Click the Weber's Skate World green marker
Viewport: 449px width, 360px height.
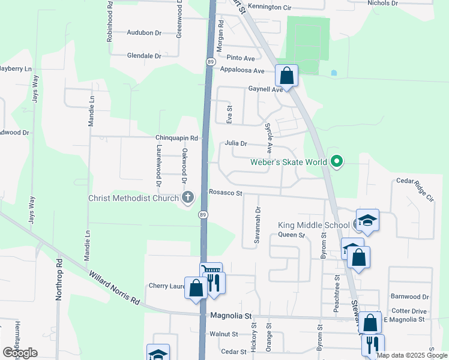(x=337, y=161)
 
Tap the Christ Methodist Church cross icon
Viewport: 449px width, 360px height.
(x=188, y=198)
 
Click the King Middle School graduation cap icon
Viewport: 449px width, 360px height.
(x=367, y=220)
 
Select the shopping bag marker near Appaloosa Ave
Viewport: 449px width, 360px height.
(x=286, y=76)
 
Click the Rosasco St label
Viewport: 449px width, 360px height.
(x=225, y=193)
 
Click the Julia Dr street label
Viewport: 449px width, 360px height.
(x=236, y=144)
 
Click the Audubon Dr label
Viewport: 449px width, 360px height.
(x=145, y=33)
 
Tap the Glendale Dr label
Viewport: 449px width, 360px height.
(x=144, y=56)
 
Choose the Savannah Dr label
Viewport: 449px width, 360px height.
(x=258, y=225)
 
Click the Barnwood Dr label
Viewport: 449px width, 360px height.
(x=409, y=296)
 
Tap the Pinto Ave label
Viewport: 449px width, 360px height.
(x=241, y=58)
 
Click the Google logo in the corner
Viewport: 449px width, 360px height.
(x=20, y=353)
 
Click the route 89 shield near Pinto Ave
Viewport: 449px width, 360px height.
(x=210, y=62)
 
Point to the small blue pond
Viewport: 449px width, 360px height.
(x=334, y=73)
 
